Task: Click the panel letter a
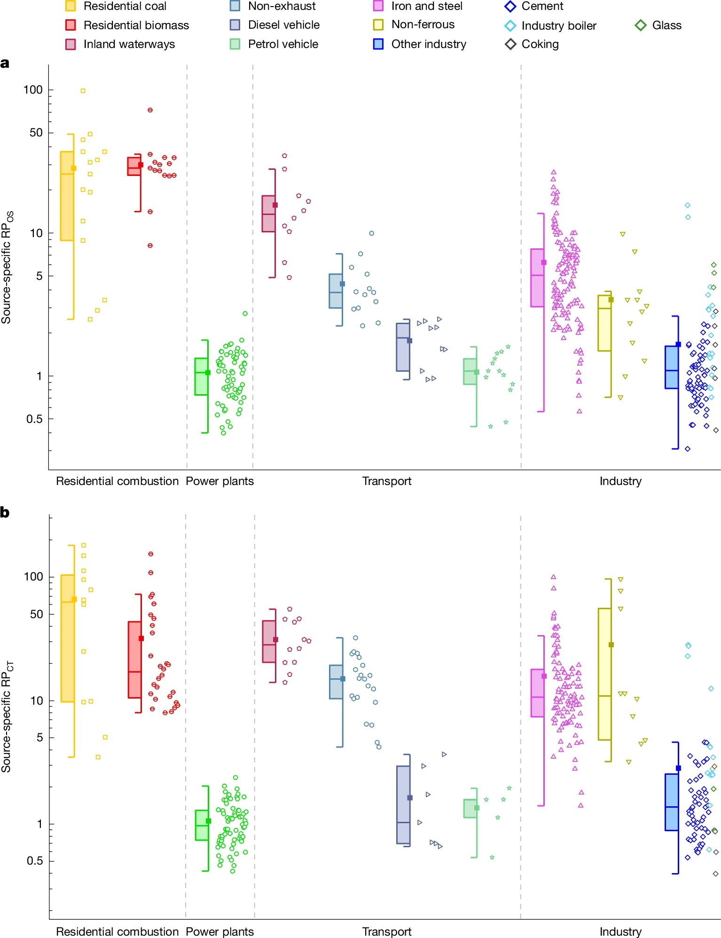pos(5,64)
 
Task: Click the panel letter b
pos(5,512)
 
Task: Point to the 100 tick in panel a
pos(33,89)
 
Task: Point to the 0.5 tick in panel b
pos(35,861)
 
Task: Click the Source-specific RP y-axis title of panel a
pos(7,267)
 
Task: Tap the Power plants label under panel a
pos(219,481)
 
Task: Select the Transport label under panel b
pos(386,932)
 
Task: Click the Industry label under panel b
pos(620,932)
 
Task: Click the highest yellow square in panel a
pos(83,91)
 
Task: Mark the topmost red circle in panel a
pos(150,110)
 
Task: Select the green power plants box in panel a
pos(201,376)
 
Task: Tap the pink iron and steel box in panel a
pos(537,278)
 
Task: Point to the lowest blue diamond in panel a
pos(687,449)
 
